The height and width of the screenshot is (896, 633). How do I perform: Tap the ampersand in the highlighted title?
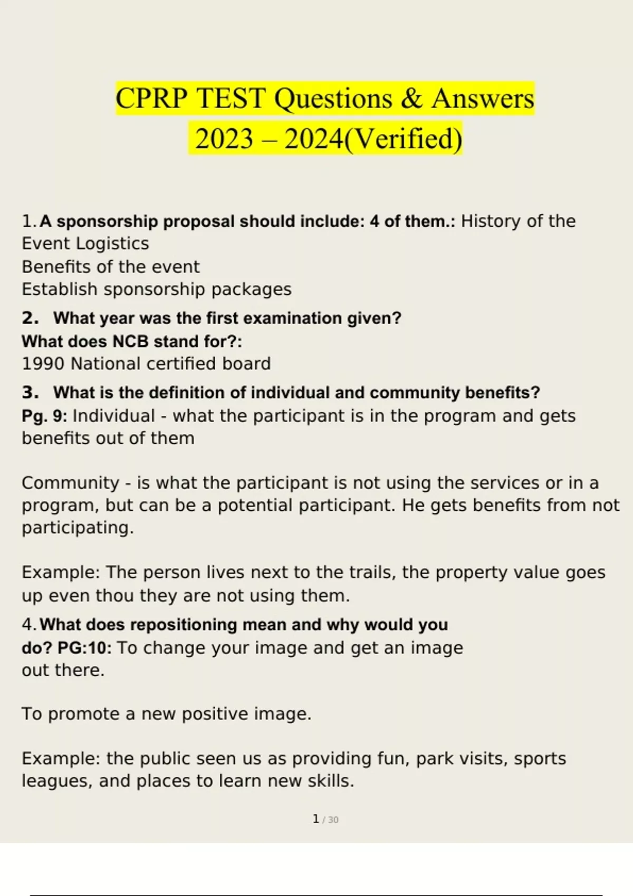tap(411, 99)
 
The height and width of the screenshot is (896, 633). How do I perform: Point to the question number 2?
tap(30, 318)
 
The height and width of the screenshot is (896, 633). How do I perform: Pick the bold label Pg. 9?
tap(44, 416)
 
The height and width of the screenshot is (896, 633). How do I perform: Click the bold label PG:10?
tap(84, 647)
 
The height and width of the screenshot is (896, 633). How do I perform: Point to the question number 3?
tap(30, 393)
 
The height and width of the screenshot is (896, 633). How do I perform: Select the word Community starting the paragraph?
tap(70, 483)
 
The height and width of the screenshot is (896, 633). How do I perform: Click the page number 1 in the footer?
tap(315, 819)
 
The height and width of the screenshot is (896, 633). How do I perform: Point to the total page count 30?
tap(333, 820)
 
